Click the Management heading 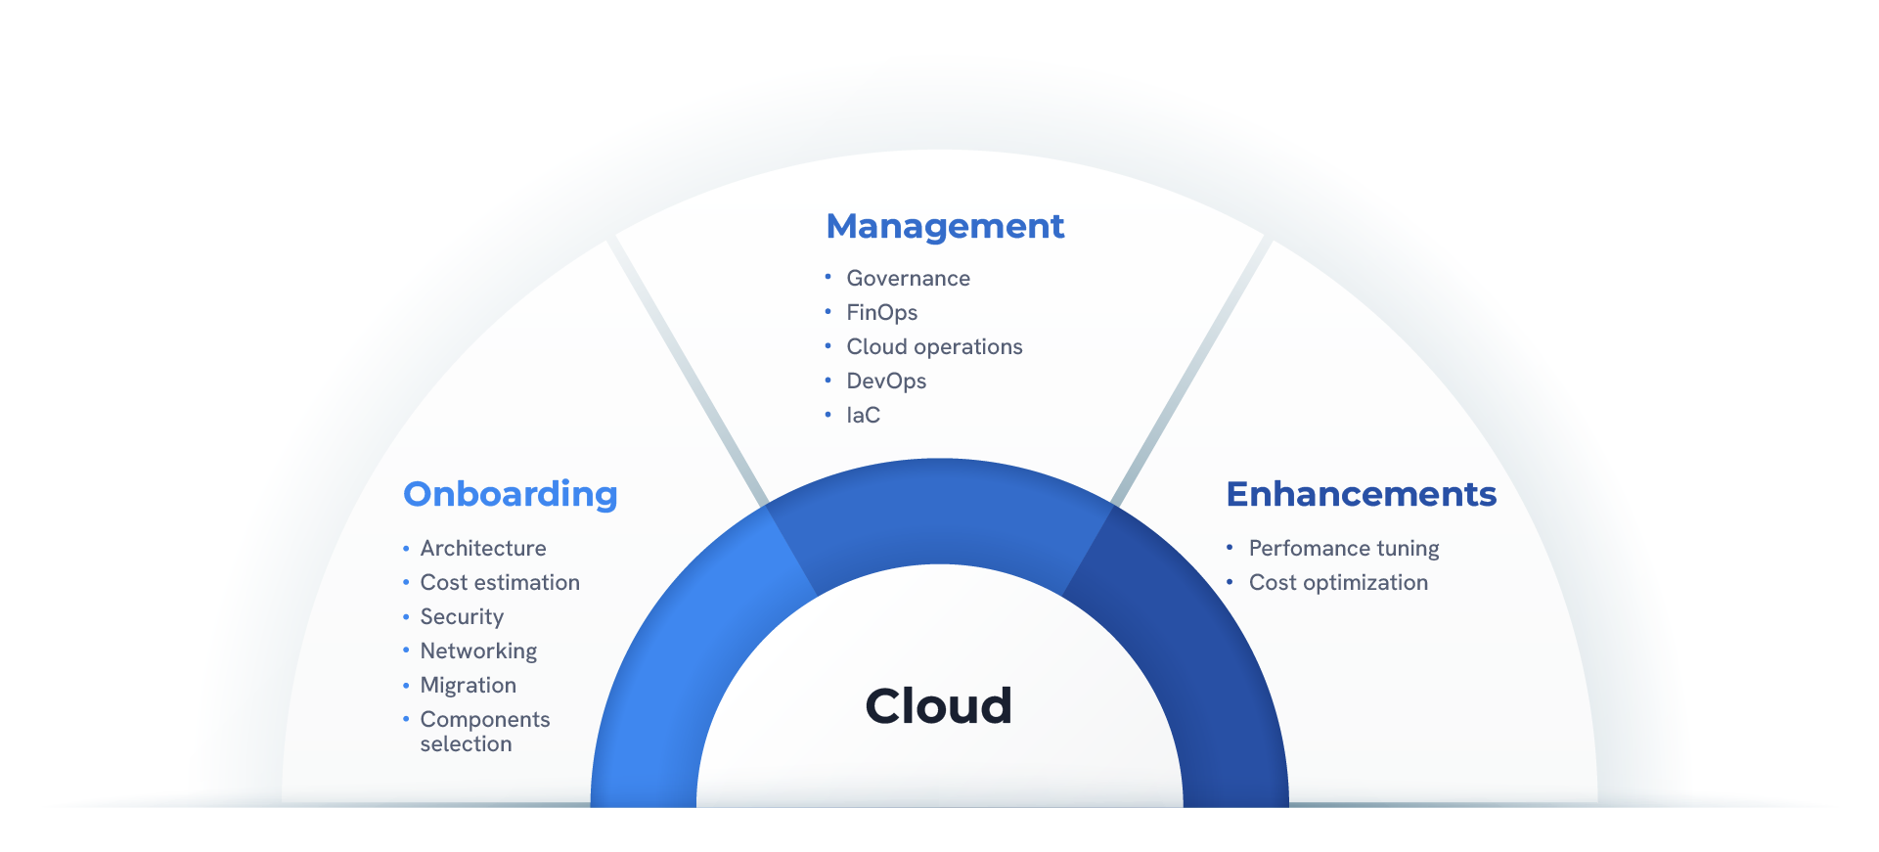tap(945, 226)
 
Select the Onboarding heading tap(511, 495)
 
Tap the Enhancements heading tap(1362, 494)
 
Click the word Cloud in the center tap(939, 705)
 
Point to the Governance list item tap(909, 279)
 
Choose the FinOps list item tap(882, 313)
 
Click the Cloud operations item tap(935, 347)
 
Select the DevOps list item tap(886, 381)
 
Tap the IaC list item tap(864, 416)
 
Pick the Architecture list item tap(483, 549)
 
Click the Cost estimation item tap(500, 583)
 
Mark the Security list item tap(462, 617)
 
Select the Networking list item tap(478, 651)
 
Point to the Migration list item tap(469, 686)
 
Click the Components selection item tap(485, 732)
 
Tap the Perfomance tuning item tap(1344, 549)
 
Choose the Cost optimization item tap(1338, 583)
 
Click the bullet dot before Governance tap(828, 277)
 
